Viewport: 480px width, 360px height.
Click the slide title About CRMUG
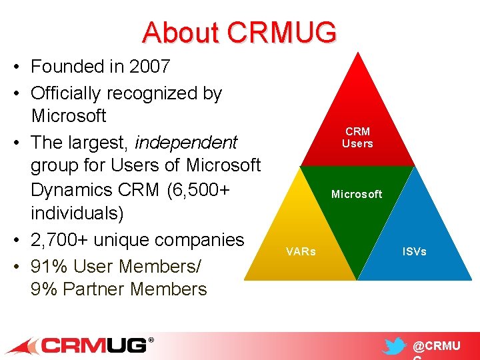tap(239, 32)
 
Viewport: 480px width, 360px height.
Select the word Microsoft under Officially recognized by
tap(69, 115)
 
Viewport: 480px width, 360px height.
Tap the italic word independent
tap(186, 143)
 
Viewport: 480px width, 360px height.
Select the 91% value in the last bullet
tap(50, 266)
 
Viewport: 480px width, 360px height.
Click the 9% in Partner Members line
tap(44, 289)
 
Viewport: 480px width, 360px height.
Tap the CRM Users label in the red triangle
tap(357, 137)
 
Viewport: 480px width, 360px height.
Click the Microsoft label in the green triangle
tap(357, 194)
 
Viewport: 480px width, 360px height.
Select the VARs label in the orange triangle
tap(301, 251)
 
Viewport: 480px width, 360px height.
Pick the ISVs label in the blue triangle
tap(414, 251)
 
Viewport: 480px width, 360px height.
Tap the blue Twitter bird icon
tap(395, 347)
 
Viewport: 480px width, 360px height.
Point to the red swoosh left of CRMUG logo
tap(23, 346)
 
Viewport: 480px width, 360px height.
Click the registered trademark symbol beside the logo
tap(151, 340)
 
